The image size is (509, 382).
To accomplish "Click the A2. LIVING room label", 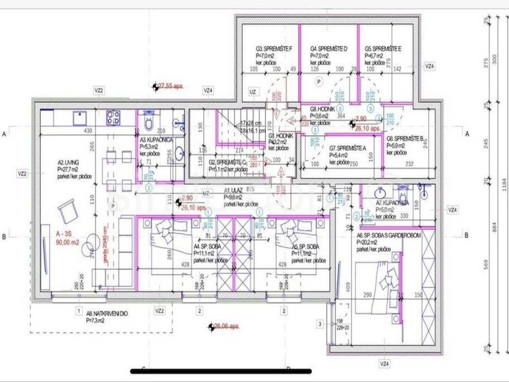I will (69, 162).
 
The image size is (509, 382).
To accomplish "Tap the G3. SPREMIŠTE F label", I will (274, 49).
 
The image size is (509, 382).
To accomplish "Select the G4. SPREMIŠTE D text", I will (329, 49).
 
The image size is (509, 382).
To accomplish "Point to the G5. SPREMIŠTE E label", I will (383, 49).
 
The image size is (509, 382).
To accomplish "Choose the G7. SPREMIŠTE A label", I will (347, 148).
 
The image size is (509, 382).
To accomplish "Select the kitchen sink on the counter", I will (80, 118).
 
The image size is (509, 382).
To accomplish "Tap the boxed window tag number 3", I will (320, 323).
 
